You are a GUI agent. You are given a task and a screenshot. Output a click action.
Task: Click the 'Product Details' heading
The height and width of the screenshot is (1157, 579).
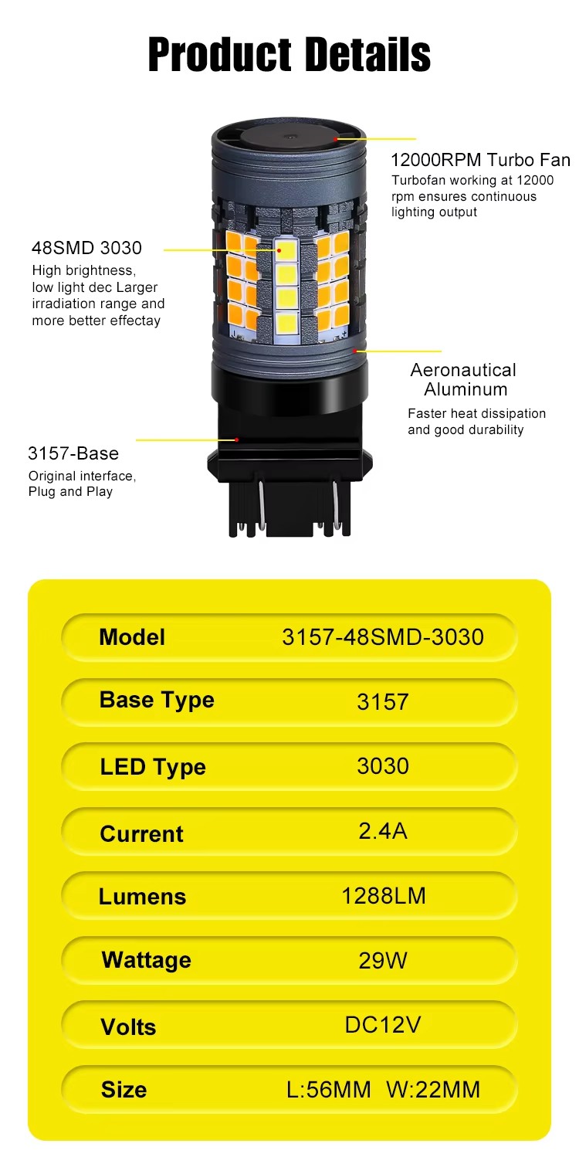(289, 54)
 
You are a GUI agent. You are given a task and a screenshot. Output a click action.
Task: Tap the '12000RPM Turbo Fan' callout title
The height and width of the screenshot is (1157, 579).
(480, 160)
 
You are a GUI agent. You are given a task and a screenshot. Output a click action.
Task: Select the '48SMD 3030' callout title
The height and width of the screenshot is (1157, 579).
(86, 248)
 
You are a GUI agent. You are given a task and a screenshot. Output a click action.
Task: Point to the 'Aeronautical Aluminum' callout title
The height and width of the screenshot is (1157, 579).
(463, 380)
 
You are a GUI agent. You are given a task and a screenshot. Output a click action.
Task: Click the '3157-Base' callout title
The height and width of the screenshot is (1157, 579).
(73, 453)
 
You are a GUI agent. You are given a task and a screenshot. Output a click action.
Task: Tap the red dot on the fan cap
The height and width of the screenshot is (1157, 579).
(336, 139)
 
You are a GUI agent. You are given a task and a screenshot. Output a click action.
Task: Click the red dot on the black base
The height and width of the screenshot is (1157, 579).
(236, 439)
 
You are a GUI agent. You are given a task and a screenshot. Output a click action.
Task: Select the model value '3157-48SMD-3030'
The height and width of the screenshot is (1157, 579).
(383, 637)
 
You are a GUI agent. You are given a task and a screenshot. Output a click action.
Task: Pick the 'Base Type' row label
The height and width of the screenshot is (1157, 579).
(157, 701)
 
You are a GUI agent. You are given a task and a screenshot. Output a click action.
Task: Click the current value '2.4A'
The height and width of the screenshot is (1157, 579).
(383, 831)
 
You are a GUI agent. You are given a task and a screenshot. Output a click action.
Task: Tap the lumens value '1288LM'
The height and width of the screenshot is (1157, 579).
(383, 896)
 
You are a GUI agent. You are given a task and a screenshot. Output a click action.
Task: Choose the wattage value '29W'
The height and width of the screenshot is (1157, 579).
(383, 961)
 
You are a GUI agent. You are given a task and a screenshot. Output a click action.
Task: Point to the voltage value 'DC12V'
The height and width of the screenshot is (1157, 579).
(383, 1025)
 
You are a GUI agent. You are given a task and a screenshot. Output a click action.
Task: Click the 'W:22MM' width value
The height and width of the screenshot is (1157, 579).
(433, 1090)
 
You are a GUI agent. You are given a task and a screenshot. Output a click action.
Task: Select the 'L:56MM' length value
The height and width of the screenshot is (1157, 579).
(329, 1090)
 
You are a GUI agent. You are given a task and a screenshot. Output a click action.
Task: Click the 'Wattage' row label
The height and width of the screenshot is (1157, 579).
(146, 961)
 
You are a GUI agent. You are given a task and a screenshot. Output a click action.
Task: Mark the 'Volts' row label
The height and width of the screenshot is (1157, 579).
(128, 1026)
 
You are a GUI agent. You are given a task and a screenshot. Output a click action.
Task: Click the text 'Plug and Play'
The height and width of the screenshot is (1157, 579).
(70, 492)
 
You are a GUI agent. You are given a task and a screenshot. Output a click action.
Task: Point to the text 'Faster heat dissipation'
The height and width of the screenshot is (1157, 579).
(477, 413)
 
